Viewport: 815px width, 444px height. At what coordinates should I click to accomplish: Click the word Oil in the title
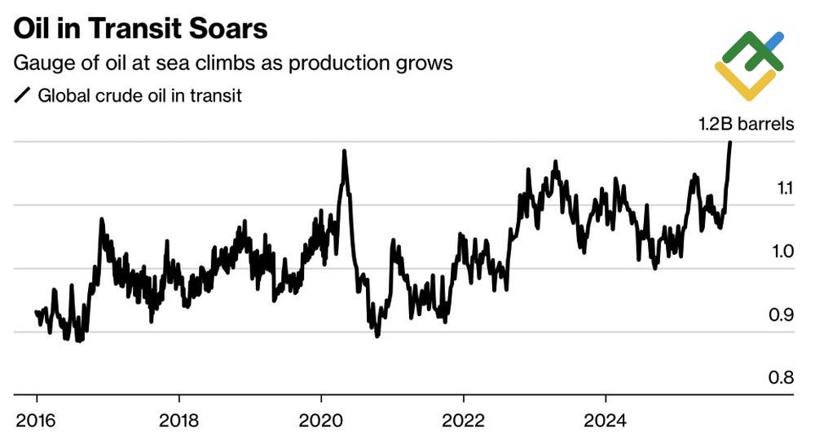pyautogui.click(x=33, y=29)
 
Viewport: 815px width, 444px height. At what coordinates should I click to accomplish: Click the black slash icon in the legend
pyautogui.click(x=22, y=96)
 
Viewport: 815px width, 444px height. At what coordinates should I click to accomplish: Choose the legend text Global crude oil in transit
pyautogui.click(x=140, y=96)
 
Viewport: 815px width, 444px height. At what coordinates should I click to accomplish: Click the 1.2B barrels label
pyautogui.click(x=747, y=125)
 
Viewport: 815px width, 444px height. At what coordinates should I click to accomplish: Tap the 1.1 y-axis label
pyautogui.click(x=784, y=188)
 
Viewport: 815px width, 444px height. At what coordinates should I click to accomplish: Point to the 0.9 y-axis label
pyautogui.click(x=784, y=314)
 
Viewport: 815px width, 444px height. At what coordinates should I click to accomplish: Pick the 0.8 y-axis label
pyautogui.click(x=784, y=377)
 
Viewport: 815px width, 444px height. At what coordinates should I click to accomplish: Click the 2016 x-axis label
pyautogui.click(x=37, y=421)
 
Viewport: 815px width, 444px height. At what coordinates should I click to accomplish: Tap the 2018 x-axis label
pyautogui.click(x=178, y=421)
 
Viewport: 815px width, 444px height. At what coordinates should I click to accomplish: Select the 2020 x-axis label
pyautogui.click(x=321, y=421)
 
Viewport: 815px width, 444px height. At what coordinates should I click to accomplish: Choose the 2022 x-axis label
pyautogui.click(x=463, y=421)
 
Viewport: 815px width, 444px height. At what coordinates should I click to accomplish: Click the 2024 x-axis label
pyautogui.click(x=606, y=421)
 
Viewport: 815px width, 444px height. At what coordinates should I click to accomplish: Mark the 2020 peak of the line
pyautogui.click(x=344, y=152)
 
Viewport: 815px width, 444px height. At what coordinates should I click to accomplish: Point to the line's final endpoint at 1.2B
pyautogui.click(x=730, y=143)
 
